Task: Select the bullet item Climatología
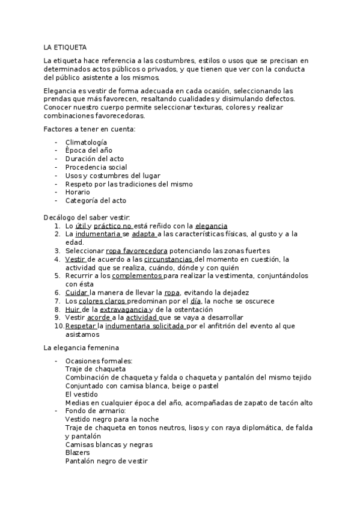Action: tap(87, 142)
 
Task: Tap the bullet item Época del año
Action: tap(88, 150)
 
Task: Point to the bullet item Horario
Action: tap(78, 192)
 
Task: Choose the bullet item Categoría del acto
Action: tap(96, 200)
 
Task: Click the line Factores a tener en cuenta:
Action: tap(89, 129)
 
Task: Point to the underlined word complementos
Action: tap(137, 275)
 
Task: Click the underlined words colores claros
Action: tap(102, 301)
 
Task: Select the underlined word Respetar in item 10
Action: tap(81, 326)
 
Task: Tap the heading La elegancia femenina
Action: tap(81, 348)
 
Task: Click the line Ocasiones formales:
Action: tap(99, 361)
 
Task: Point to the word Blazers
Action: tap(78, 452)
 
